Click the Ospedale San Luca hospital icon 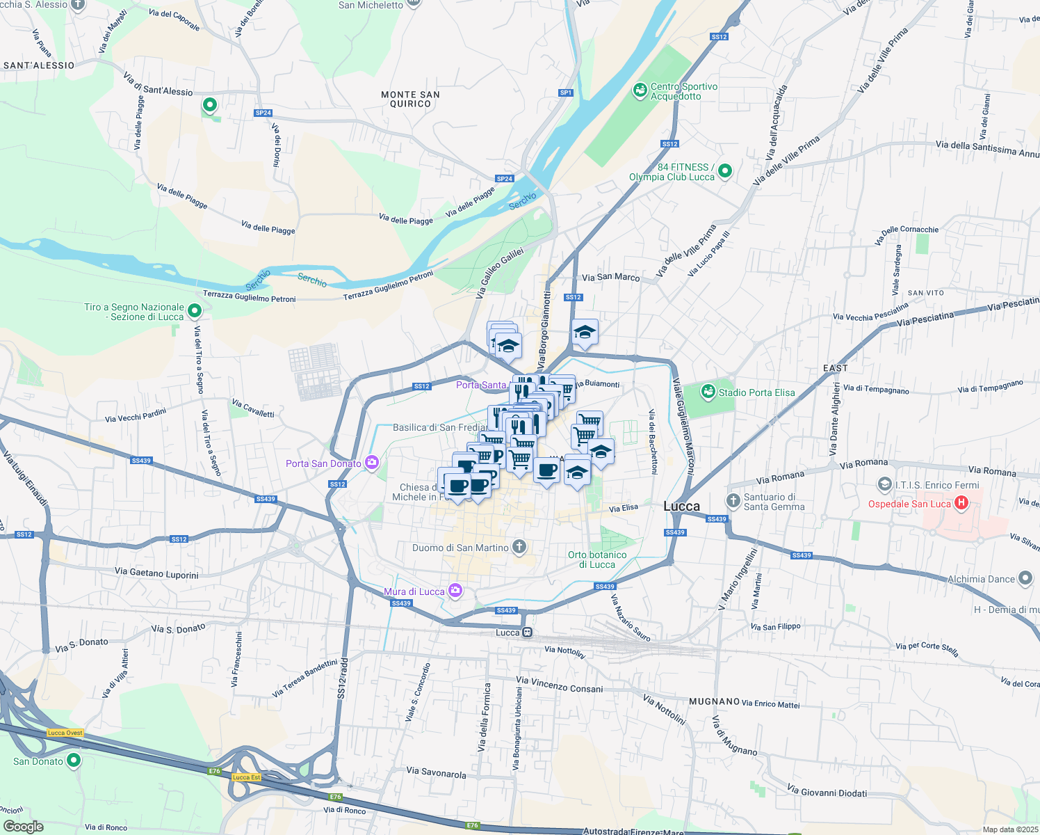961,503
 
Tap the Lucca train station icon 528,633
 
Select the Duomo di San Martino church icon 519,547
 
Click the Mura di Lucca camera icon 455,591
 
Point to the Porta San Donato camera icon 372,463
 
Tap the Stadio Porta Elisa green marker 708,392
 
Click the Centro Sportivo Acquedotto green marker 640,90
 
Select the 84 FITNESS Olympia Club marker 725,171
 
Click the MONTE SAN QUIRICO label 410,100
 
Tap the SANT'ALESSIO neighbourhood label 39,65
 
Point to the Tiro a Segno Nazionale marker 195,311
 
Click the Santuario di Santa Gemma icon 733,501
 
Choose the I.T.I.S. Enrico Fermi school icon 884,484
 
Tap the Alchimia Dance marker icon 1025,578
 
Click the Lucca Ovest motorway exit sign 65,733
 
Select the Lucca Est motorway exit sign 246,777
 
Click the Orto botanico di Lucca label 597,559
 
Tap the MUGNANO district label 714,701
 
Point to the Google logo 24,827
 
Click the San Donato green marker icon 74,761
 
